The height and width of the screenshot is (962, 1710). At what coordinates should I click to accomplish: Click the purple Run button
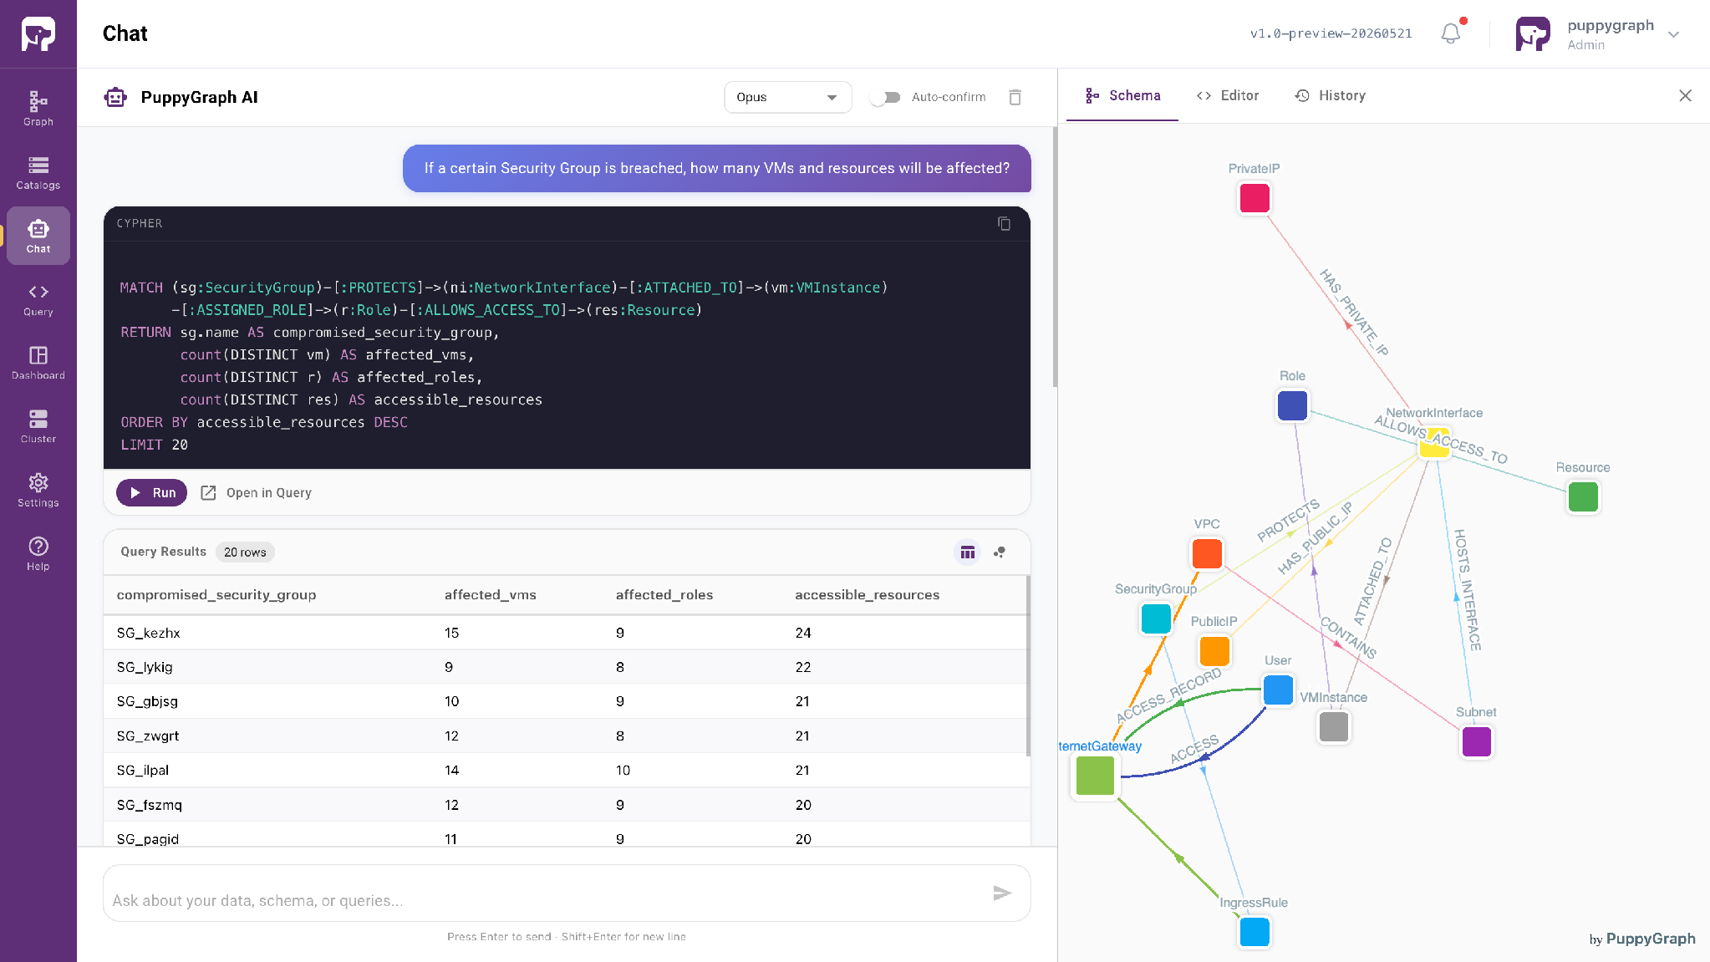[x=151, y=493]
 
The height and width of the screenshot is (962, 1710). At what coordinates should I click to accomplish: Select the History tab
[x=1330, y=95]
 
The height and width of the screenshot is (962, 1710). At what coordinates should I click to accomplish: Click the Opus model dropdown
[x=787, y=97]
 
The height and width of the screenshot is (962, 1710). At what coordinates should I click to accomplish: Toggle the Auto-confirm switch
[x=885, y=97]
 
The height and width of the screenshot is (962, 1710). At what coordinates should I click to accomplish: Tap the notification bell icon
[x=1451, y=33]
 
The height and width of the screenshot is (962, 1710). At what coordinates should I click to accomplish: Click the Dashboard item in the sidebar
[x=38, y=363]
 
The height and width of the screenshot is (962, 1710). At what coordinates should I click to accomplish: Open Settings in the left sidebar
[x=38, y=490]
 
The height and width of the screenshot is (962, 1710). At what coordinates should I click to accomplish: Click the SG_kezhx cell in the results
[x=149, y=633]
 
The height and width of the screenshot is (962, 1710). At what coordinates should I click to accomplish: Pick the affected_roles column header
[x=664, y=595]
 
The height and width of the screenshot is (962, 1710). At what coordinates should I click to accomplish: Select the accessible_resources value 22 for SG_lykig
[x=803, y=667]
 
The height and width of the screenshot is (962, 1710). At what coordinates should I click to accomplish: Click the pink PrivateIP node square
[x=1255, y=199]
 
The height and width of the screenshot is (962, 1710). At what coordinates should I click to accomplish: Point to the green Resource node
[x=1583, y=497]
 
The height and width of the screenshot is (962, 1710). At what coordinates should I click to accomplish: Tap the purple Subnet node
[x=1476, y=741]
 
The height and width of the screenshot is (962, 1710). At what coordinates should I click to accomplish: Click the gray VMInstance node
[x=1334, y=726]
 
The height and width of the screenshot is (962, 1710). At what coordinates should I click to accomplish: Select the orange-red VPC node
[x=1207, y=553]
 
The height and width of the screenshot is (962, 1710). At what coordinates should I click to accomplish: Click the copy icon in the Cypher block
[x=1004, y=223]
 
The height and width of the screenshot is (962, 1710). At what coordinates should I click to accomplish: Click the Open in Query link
[x=257, y=493]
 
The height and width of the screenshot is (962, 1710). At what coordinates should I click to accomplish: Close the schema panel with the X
[x=1685, y=95]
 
